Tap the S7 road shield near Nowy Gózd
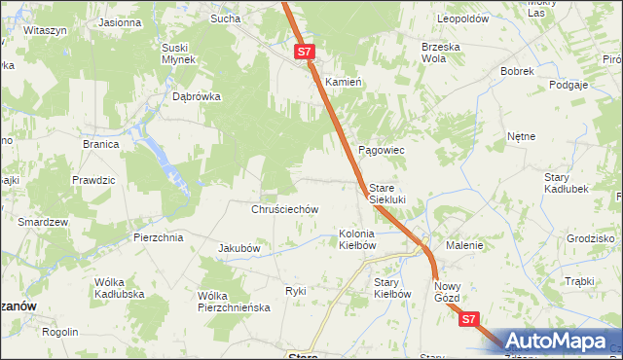[x=470, y=318]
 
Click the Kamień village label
[x=344, y=82]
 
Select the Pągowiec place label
[x=382, y=151]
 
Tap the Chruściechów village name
[x=285, y=209]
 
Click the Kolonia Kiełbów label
[x=357, y=239]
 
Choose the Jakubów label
[x=238, y=248]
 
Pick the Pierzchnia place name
[x=159, y=237]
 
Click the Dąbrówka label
[x=197, y=97]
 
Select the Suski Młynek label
[x=180, y=53]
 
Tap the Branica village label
[x=100, y=144]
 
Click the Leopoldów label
[x=462, y=18]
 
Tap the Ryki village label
[x=295, y=291]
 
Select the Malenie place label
[x=464, y=246]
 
